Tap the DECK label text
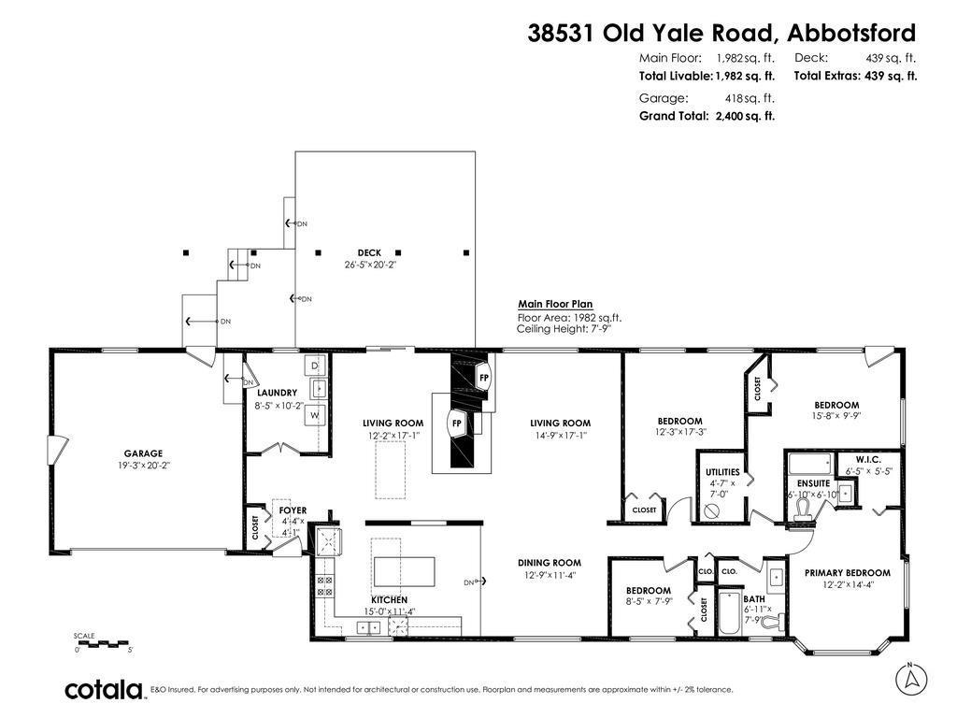[370, 252]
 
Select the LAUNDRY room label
[277, 393]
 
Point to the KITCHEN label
[389, 599]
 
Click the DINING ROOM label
[550, 563]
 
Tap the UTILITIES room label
[723, 472]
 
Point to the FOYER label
[292, 510]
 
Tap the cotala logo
[103, 690]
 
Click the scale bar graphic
[103, 643]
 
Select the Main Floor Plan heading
[556, 304]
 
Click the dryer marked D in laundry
[315, 364]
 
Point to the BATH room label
[753, 599]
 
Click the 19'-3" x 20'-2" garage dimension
[144, 465]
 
